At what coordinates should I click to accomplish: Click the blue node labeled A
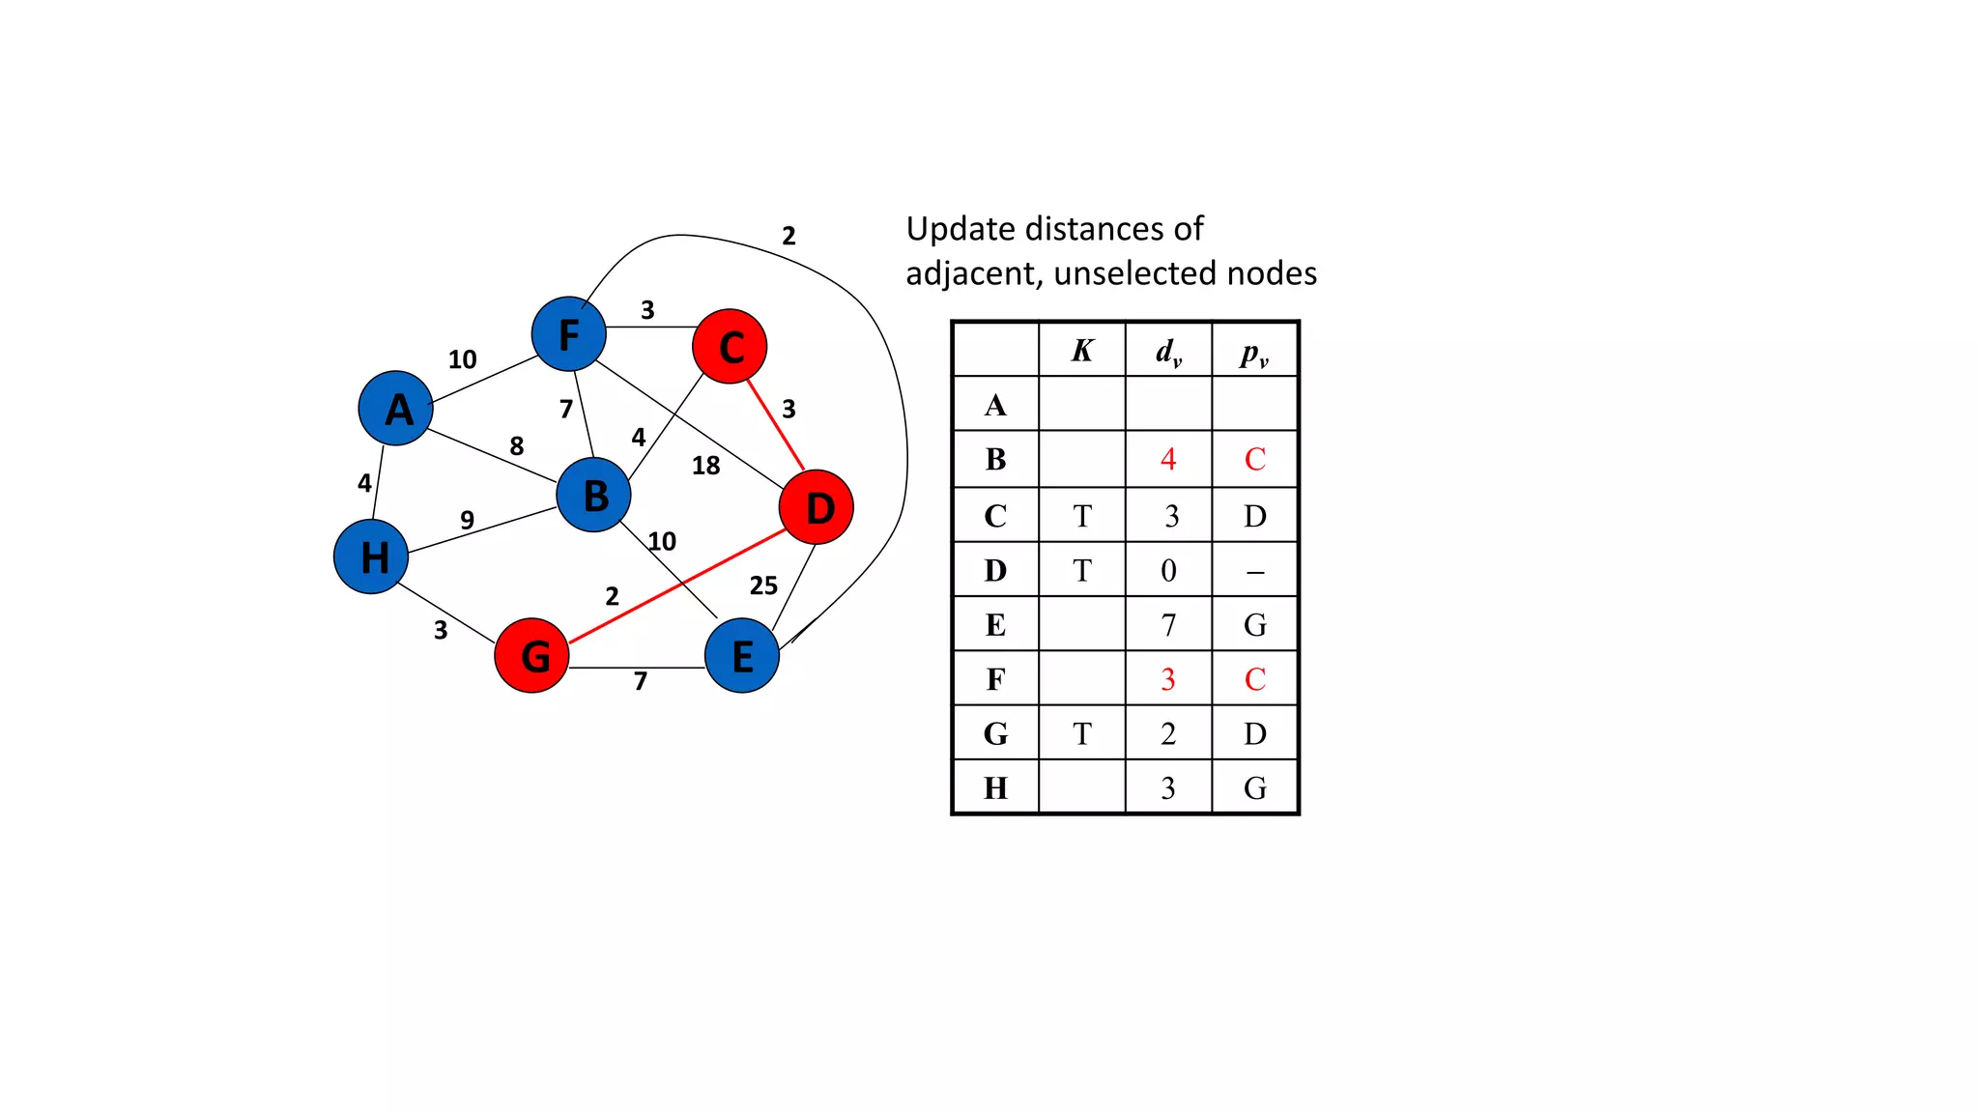[x=395, y=408]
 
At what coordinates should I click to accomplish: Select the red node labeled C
[x=730, y=346]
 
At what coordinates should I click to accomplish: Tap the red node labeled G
[x=531, y=655]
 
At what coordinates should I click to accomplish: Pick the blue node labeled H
[x=371, y=556]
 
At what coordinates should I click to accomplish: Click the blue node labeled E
[x=742, y=655]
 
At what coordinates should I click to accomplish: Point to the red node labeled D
[x=817, y=506]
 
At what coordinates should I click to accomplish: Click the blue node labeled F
[x=569, y=333]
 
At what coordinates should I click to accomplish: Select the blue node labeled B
[x=594, y=495]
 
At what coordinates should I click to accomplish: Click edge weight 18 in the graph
[x=705, y=466]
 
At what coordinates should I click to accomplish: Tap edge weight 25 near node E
[x=763, y=585]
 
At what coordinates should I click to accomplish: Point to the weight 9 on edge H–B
[x=467, y=520]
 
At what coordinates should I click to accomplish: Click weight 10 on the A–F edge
[x=462, y=359]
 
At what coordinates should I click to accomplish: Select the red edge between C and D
[x=775, y=424]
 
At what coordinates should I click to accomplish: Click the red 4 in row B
[x=1168, y=459]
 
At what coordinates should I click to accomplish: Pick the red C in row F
[x=1254, y=679]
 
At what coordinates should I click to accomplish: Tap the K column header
[x=1082, y=350]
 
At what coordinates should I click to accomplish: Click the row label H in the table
[x=995, y=788]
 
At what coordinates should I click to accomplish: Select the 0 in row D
[x=1168, y=570]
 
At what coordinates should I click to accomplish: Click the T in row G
[x=1082, y=734]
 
